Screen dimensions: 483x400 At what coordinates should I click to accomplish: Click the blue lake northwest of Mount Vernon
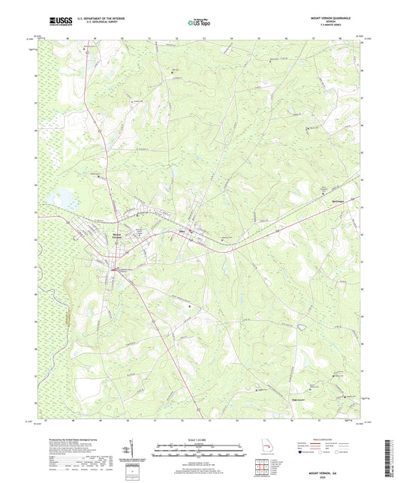[62, 199]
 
